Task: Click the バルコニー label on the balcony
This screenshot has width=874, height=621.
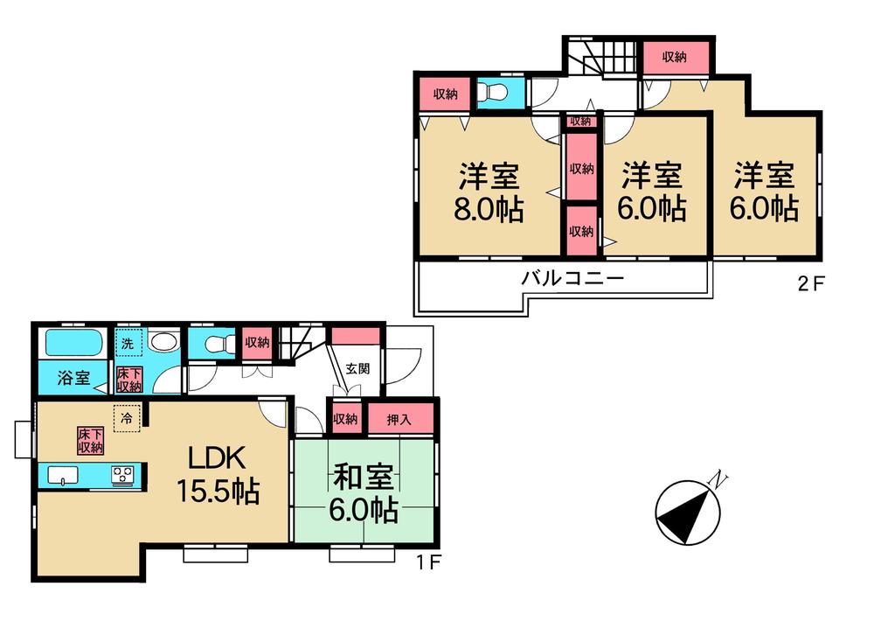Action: (x=572, y=280)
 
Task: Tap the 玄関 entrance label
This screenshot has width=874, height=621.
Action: (x=357, y=368)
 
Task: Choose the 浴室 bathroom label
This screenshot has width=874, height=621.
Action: (x=73, y=379)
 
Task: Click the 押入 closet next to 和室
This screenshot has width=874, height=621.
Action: (x=400, y=419)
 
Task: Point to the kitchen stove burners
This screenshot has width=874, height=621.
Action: (x=122, y=475)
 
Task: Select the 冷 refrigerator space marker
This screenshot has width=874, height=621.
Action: (x=127, y=417)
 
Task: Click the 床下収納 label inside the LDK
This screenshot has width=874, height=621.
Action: (x=90, y=440)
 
